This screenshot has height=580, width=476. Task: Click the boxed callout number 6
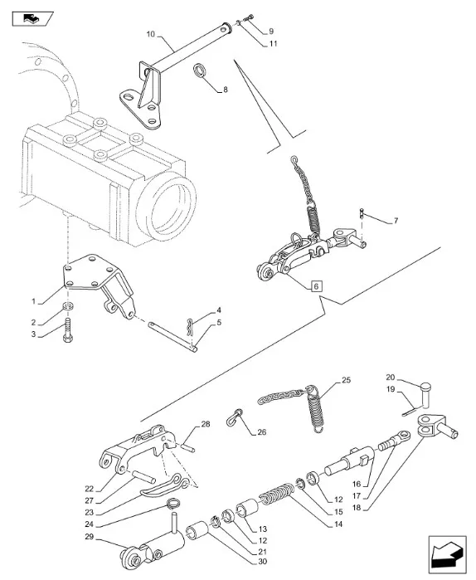(316, 286)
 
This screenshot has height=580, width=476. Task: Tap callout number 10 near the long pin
(150, 34)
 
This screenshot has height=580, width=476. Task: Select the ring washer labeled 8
(201, 71)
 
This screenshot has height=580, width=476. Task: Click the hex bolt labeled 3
(68, 330)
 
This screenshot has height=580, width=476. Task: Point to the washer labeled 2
(68, 305)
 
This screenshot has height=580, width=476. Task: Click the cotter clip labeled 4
(191, 327)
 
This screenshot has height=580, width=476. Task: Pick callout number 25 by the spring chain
(346, 380)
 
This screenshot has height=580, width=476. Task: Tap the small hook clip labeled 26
(234, 418)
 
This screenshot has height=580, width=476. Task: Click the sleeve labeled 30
(197, 531)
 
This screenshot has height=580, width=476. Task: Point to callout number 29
(90, 536)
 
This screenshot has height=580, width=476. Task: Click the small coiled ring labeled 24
(172, 504)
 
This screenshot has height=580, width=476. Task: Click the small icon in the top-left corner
(32, 18)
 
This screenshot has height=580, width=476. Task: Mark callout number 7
(396, 221)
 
